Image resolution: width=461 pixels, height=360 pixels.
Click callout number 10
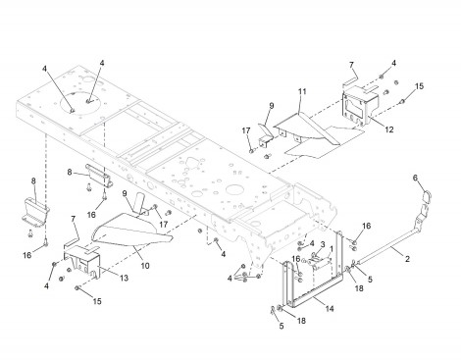pos(145,266)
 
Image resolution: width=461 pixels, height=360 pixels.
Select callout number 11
pos(302,91)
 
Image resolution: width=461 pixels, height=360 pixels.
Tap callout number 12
pos(389,129)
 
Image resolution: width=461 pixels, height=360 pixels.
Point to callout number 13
pos(124,278)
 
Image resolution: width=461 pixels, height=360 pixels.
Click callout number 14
pos(330,308)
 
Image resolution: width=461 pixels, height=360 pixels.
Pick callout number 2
pos(407,259)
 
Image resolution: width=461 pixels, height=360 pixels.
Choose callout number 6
pos(415,178)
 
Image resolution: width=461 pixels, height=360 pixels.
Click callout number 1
pos(332,249)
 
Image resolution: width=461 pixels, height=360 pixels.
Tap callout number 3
pos(323,244)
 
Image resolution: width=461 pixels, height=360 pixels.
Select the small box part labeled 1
pos(321,264)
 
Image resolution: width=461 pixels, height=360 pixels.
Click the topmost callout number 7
pos(351,65)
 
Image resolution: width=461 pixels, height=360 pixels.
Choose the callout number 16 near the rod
pos(367,226)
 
